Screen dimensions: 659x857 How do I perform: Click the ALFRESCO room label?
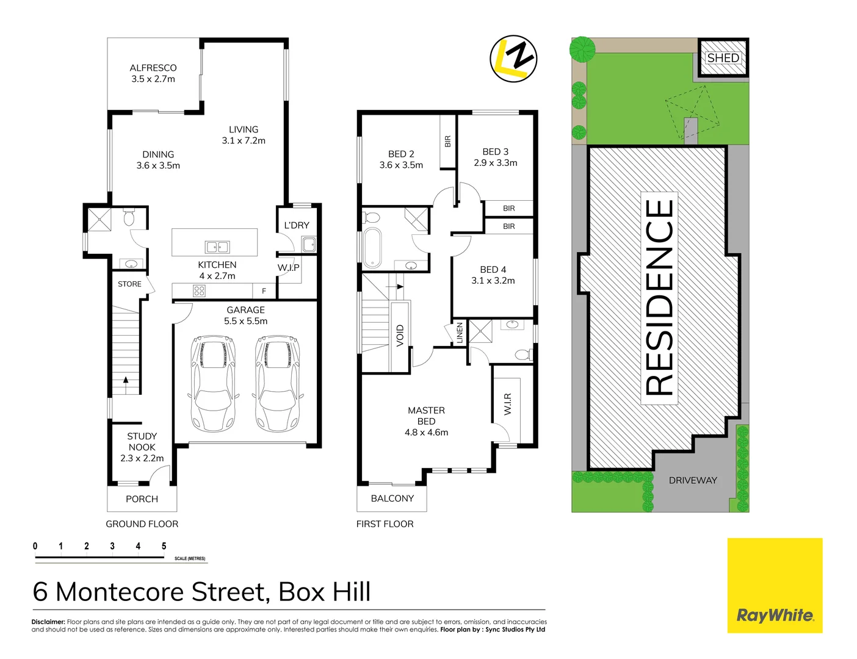pyautogui.click(x=153, y=68)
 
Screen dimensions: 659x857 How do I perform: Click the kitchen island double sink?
pyautogui.click(x=217, y=247)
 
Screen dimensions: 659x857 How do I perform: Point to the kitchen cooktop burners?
pyautogui.click(x=199, y=291)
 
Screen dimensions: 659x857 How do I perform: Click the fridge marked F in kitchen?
pyautogui.click(x=264, y=291)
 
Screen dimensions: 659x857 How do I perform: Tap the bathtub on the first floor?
pyautogui.click(x=372, y=248)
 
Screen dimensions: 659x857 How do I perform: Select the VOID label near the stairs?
pyautogui.click(x=400, y=336)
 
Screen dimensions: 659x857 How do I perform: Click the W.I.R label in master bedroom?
pyautogui.click(x=508, y=404)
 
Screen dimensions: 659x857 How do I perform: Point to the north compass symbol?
pyautogui.click(x=513, y=59)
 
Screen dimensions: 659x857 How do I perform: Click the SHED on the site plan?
pyautogui.click(x=723, y=58)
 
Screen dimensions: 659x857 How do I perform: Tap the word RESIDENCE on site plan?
pyautogui.click(x=659, y=298)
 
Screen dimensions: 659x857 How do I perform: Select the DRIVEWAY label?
pyautogui.click(x=693, y=480)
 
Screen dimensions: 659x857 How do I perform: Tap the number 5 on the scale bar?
pyautogui.click(x=164, y=546)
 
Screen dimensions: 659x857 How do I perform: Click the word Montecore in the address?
pyautogui.click(x=162, y=592)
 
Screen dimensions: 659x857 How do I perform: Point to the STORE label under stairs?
pyautogui.click(x=129, y=284)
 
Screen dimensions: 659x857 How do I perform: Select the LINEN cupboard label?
pyautogui.click(x=460, y=333)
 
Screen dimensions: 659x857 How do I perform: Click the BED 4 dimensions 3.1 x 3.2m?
pyautogui.click(x=493, y=281)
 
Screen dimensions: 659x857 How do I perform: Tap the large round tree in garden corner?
pyautogui.click(x=583, y=49)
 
